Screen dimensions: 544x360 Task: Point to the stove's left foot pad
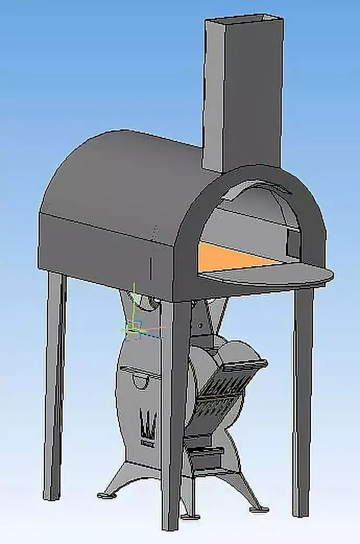pyautogui.click(x=106, y=493)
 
